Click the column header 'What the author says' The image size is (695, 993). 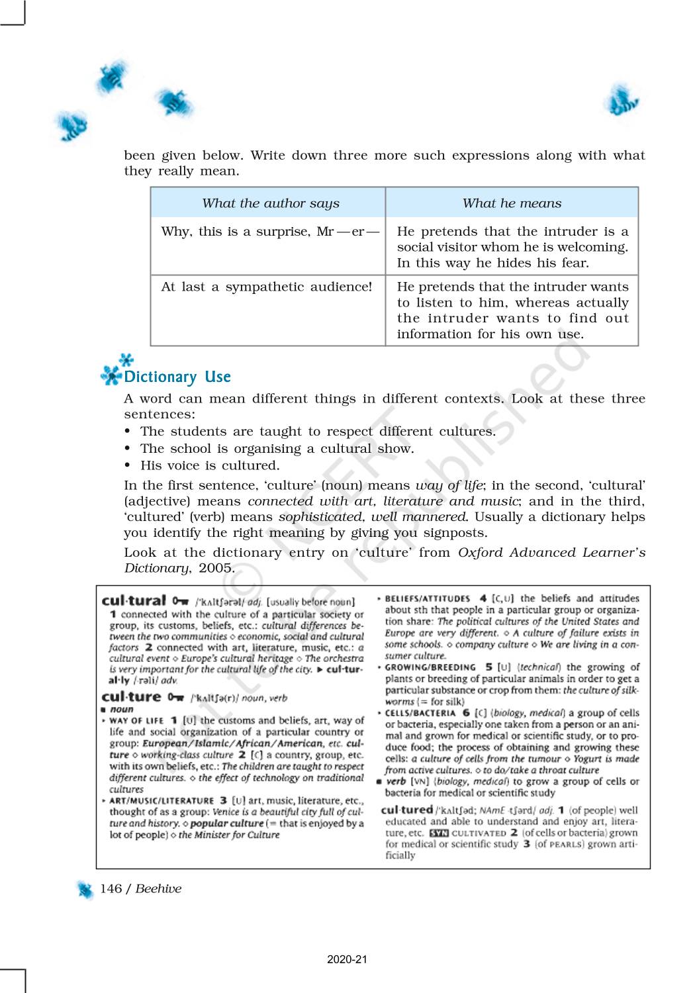[x=270, y=203]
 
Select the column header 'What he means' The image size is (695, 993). [x=512, y=203]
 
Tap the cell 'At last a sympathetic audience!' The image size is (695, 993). [x=266, y=287]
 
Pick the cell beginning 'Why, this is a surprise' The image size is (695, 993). [x=270, y=232]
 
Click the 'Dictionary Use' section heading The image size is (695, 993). [x=177, y=377]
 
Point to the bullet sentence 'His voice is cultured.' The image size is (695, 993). [x=210, y=465]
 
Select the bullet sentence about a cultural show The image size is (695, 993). [x=277, y=448]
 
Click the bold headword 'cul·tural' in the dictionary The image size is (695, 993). [x=134, y=600]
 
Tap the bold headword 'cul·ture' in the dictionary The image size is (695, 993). [x=132, y=696]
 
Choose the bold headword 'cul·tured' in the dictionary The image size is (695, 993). [x=406, y=809]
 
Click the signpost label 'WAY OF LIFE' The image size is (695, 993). [x=136, y=720]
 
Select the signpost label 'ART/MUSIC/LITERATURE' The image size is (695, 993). [x=162, y=800]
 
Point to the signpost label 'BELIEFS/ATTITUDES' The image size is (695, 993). [x=428, y=598]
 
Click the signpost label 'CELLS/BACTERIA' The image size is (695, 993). [x=420, y=713]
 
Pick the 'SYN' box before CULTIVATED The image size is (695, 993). [x=438, y=833]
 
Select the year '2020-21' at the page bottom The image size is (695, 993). [x=347, y=959]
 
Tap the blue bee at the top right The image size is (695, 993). [x=621, y=101]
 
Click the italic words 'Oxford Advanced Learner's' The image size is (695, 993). [x=551, y=552]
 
